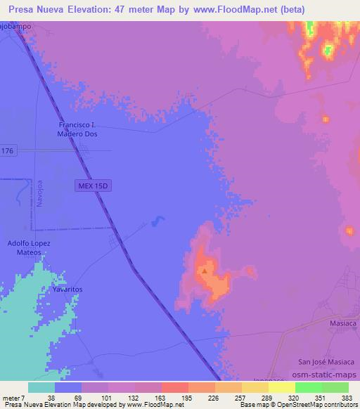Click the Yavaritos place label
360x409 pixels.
tap(67, 289)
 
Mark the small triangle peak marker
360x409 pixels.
tap(205, 270)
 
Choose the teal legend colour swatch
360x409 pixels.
tap(41, 387)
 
